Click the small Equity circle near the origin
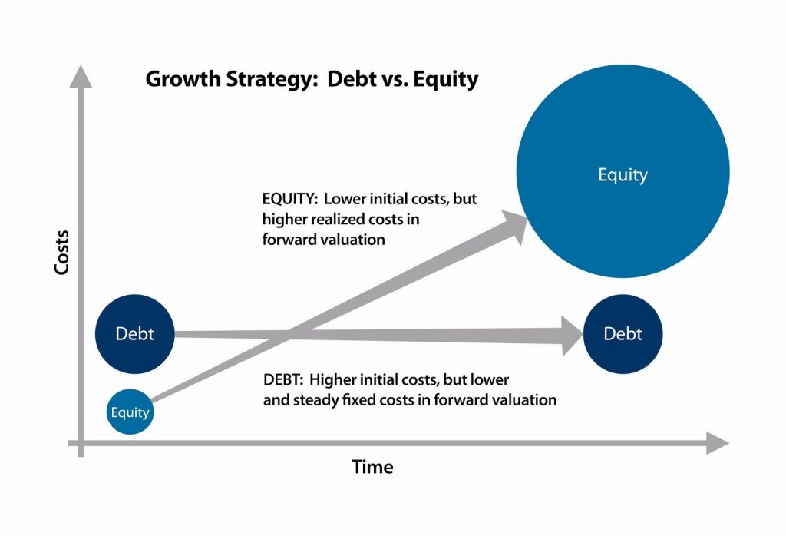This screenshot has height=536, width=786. point(130,412)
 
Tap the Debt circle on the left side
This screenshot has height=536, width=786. point(134,334)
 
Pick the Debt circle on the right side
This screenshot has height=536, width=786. point(623,334)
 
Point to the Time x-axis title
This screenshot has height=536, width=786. point(372,466)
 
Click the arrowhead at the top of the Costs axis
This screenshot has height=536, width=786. point(81,78)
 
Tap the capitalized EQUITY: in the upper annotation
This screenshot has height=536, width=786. point(288,199)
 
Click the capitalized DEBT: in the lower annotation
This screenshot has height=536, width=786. point(284,380)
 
